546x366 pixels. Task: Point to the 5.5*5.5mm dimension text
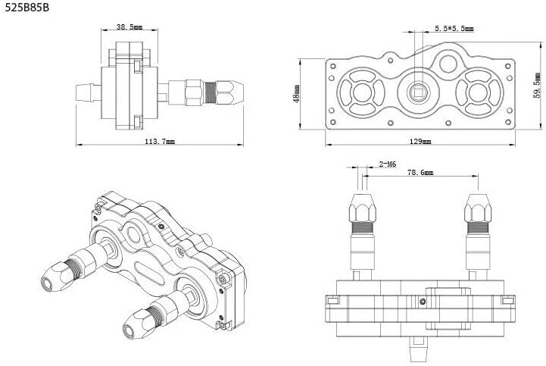[x=454, y=29]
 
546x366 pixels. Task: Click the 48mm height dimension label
[x=297, y=93]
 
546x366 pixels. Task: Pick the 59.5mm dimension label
[x=536, y=86]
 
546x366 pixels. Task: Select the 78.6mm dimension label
[x=421, y=174]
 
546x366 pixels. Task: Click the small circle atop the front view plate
[x=452, y=64]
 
